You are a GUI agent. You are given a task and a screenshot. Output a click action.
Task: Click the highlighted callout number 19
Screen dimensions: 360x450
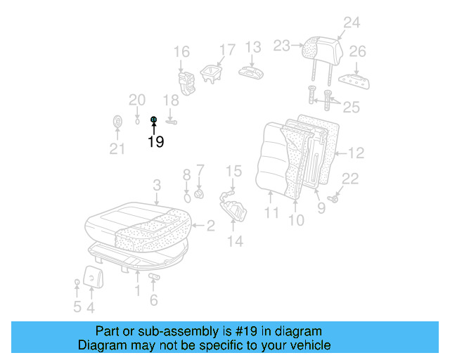(x=155, y=141)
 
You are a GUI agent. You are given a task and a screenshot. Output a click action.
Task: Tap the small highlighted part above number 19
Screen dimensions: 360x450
(x=153, y=120)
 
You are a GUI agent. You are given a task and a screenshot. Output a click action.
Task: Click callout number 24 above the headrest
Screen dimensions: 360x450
(x=351, y=22)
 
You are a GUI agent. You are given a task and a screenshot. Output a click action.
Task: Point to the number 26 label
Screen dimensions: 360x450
(x=358, y=51)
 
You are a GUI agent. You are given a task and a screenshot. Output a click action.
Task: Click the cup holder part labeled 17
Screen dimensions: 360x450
(x=210, y=73)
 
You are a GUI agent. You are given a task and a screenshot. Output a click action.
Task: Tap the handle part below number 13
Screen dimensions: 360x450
(x=251, y=72)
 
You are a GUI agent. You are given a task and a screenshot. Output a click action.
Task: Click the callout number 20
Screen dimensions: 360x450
(x=137, y=100)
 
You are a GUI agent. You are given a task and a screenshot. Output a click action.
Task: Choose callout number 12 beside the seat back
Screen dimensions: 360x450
(x=356, y=153)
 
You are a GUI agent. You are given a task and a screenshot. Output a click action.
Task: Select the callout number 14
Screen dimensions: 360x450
(x=235, y=241)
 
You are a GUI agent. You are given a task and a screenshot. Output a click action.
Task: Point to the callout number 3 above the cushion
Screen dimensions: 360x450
(x=157, y=185)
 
